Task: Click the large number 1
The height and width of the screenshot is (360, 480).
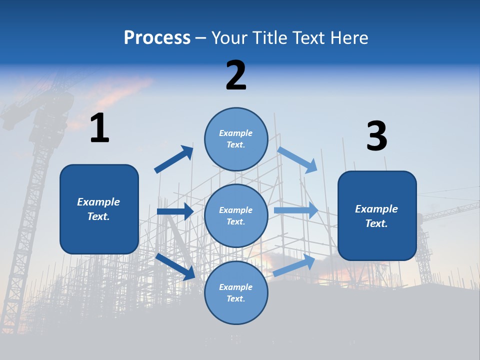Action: click(99, 128)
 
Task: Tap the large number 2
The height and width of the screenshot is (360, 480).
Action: click(236, 75)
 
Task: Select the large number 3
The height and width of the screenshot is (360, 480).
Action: click(376, 136)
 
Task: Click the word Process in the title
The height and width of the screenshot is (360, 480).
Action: click(157, 37)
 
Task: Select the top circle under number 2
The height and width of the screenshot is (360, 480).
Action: click(236, 139)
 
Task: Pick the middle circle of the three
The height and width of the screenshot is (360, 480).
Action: click(236, 215)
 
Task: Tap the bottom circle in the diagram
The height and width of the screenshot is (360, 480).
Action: click(236, 292)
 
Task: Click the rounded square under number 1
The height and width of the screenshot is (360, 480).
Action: click(99, 209)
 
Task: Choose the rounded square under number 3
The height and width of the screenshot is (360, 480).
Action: click(377, 216)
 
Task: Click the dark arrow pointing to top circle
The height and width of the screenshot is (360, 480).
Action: click(174, 159)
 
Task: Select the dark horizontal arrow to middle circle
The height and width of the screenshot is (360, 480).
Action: click(175, 211)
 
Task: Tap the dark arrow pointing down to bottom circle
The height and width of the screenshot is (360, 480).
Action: click(175, 266)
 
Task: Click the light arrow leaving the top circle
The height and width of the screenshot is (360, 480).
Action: click(297, 159)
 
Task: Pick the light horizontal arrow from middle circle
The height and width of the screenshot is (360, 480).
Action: click(296, 210)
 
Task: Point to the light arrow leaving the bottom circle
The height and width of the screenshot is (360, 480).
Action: click(294, 265)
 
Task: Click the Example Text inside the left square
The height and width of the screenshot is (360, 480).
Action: click(98, 209)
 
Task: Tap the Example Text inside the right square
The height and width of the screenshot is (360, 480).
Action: click(376, 216)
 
